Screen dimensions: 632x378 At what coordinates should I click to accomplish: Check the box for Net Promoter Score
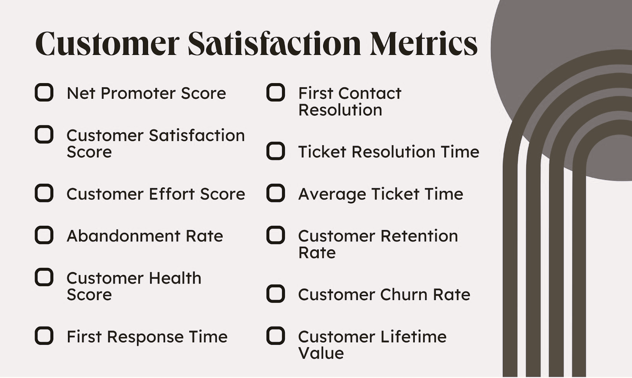pos(44,93)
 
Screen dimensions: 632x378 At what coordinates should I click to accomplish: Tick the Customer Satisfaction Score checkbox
pos(44,134)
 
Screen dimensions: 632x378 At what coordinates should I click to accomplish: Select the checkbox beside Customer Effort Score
pos(44,193)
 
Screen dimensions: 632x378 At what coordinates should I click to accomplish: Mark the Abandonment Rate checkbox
pos(44,235)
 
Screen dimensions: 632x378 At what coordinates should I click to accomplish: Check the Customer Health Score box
pos(44,277)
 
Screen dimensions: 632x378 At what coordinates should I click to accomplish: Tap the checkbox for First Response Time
pos(44,336)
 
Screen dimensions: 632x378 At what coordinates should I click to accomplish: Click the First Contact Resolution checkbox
pos(276,93)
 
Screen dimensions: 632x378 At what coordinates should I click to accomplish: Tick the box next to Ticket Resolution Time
pos(276,151)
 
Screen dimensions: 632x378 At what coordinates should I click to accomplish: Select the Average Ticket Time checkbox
pos(276,193)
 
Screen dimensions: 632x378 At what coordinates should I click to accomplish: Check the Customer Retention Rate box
pos(276,235)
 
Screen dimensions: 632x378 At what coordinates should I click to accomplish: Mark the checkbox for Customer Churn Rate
pos(276,294)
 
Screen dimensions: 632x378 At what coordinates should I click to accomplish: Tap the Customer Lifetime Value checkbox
pos(276,336)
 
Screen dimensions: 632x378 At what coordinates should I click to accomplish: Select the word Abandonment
pos(123,236)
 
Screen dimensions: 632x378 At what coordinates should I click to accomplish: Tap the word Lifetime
pos(414,337)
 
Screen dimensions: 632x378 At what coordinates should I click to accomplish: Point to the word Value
pos(321,353)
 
